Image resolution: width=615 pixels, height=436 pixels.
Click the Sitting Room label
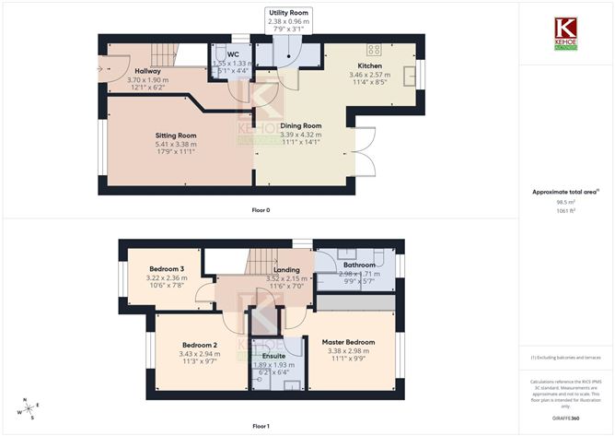point(175,135)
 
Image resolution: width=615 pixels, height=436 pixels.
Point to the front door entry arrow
point(100,67)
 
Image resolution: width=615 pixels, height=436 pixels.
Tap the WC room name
point(233,54)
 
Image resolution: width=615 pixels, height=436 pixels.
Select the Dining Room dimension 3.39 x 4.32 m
point(300,134)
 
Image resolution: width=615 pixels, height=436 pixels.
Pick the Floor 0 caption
point(261,210)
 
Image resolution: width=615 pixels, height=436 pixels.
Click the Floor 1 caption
point(261,426)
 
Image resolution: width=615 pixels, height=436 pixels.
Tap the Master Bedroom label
point(348,342)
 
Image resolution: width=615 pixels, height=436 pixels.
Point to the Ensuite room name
point(273,356)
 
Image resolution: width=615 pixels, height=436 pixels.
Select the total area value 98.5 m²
point(564,202)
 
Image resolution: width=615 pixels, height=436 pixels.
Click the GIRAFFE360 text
point(564,418)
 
